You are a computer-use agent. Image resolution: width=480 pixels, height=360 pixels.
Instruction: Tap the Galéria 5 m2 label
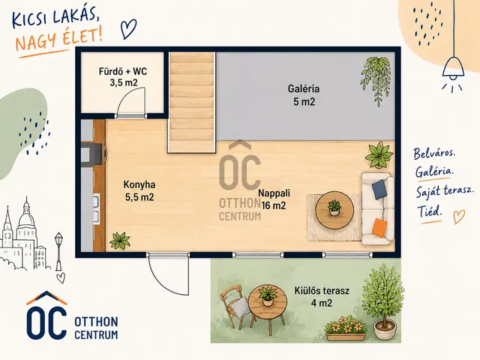[304, 95]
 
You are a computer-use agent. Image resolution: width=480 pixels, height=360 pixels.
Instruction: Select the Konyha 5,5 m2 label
[139, 190]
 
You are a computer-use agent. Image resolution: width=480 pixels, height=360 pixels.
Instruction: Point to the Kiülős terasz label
[322, 290]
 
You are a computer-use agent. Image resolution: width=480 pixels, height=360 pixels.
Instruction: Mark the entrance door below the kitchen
[168, 273]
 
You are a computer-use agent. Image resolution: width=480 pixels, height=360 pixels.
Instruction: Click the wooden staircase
[192, 102]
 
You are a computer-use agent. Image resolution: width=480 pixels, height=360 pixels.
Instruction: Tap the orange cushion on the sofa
[379, 228]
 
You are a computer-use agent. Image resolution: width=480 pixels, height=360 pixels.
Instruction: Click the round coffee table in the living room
[334, 210]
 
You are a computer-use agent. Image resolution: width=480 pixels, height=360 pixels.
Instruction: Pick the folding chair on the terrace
[235, 306]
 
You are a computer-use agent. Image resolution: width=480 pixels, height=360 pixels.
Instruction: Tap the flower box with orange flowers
[346, 328]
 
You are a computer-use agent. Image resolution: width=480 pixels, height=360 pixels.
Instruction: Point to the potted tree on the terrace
[382, 302]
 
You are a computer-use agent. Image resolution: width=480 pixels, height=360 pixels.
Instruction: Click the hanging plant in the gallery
[376, 80]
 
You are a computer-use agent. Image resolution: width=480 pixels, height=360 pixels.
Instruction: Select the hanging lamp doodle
[453, 67]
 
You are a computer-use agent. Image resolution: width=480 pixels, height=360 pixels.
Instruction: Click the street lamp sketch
[58, 251]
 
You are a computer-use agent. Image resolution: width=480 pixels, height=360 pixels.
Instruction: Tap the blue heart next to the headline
[128, 28]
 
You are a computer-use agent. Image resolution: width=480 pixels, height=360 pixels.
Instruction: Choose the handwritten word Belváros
[434, 153]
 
